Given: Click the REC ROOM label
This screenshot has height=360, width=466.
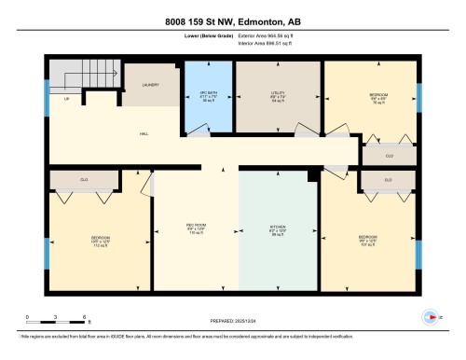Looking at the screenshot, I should click(x=196, y=229).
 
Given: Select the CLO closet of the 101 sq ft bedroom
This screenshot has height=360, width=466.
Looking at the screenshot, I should click(x=387, y=178).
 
